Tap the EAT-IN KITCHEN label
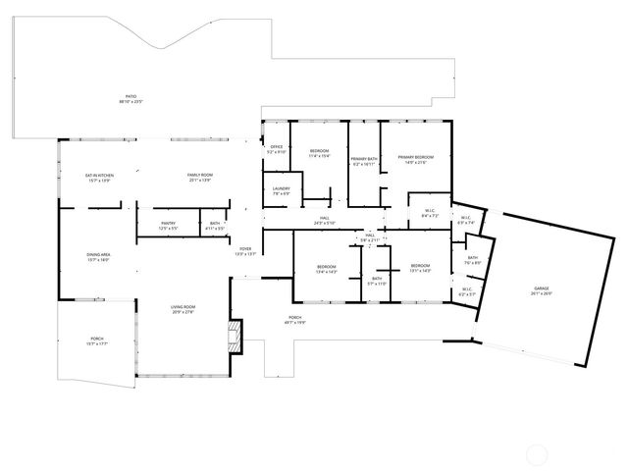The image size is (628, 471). [100, 178]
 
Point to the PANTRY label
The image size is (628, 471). [169, 225]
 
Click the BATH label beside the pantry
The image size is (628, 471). [215, 225]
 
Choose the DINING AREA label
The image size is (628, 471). [98, 257]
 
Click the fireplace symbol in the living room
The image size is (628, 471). [233, 336]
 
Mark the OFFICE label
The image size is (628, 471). [277, 149]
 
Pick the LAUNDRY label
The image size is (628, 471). [280, 191]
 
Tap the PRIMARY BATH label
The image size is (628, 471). [364, 161]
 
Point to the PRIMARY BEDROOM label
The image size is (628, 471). [416, 159]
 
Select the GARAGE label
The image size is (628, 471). [542, 290]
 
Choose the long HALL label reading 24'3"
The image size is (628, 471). [325, 221]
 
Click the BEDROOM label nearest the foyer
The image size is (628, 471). [327, 269]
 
